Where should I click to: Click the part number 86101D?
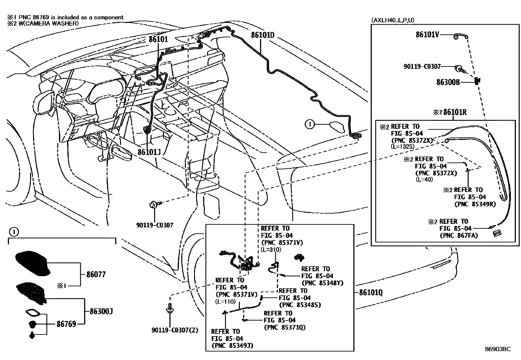click(x=262, y=35)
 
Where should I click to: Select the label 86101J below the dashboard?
click(x=149, y=152)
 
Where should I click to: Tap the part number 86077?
click(x=96, y=274)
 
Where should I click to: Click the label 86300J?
click(x=99, y=311)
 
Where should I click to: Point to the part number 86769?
click(x=66, y=324)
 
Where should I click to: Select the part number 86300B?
click(x=448, y=82)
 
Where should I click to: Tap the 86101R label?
click(x=455, y=112)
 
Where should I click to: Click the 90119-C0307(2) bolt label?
click(x=175, y=330)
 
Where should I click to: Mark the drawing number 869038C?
click(x=497, y=349)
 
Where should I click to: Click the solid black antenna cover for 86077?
click(x=32, y=262)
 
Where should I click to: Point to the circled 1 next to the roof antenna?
click(x=309, y=124)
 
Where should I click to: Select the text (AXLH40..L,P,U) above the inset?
click(x=393, y=20)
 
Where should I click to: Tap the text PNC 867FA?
click(x=459, y=235)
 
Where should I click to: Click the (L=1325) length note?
click(x=403, y=146)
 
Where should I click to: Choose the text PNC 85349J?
click(x=232, y=345)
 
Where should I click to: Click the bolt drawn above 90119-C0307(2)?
click(x=170, y=308)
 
